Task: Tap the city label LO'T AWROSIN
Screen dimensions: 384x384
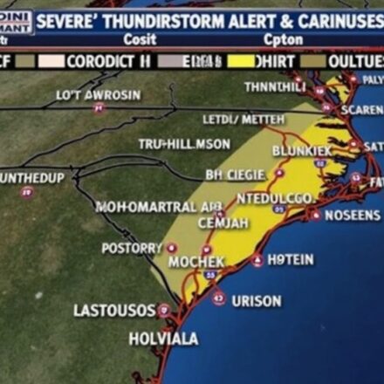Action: point(98,94)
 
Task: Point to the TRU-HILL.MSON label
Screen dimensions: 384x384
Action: point(184,144)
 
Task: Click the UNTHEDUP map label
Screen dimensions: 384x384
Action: point(31,178)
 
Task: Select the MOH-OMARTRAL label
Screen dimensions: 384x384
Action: point(158,207)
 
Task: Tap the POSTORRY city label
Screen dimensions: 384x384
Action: point(132,248)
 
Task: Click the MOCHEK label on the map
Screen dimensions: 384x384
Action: point(196,262)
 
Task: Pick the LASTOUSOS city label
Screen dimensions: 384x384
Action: point(114,310)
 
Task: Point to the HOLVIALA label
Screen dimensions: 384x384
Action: point(163,339)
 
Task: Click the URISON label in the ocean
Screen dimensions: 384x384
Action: point(256,301)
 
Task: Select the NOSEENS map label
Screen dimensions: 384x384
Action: point(352,216)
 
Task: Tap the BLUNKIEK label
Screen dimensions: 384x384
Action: point(302,151)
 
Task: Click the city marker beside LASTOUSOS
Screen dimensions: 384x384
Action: point(164,309)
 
